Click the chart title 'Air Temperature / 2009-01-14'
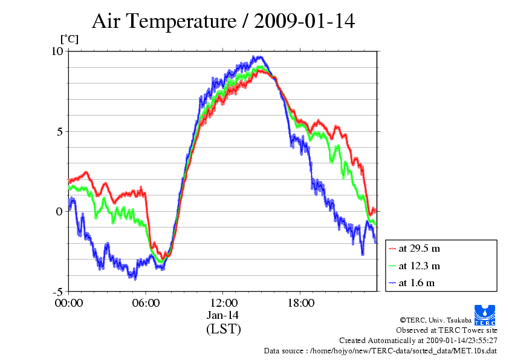[223, 21]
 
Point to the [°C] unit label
[70, 39]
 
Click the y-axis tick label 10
[57, 51]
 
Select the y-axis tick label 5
[59, 131]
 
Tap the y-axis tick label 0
[59, 212]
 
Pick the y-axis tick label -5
[58, 291]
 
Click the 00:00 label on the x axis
[69, 303]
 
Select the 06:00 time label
[146, 303]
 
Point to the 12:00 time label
[223, 303]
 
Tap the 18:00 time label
[300, 303]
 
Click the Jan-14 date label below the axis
[222, 315]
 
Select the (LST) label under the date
[223, 329]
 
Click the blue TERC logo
[485, 315]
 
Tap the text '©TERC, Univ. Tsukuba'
[436, 320]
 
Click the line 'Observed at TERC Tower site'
[447, 330]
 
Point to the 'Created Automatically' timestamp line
[418, 341]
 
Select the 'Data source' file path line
[380, 351]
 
